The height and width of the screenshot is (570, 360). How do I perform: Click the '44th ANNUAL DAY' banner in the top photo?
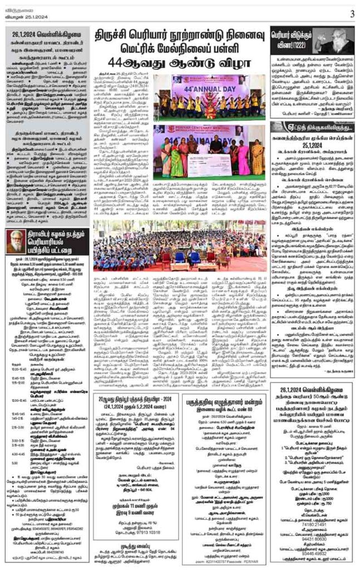coord(211,87)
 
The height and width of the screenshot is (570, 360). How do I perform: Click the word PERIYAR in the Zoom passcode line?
coord(249,561)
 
